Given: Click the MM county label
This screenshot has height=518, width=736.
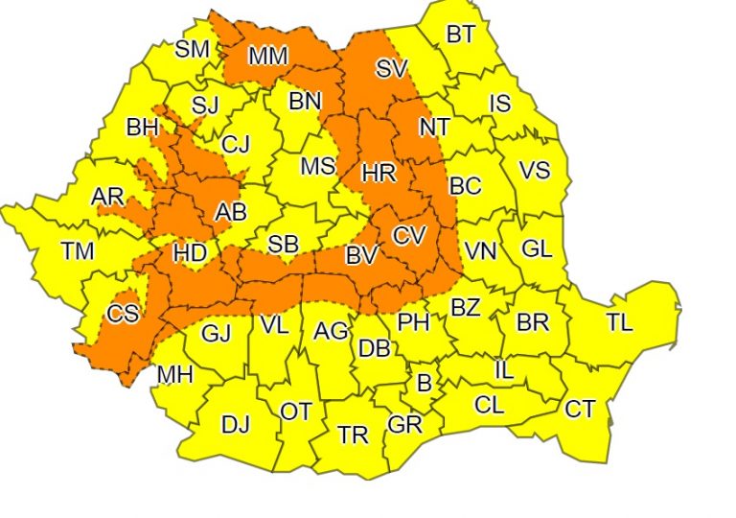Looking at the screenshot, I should (267, 57).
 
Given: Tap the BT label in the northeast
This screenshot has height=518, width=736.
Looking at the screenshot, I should (460, 35).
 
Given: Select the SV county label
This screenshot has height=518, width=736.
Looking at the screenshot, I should (390, 69).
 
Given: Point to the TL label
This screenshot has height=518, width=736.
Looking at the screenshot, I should (619, 322).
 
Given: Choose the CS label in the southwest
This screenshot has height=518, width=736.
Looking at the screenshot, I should (123, 315).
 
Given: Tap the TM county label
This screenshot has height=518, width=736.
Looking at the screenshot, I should (78, 251).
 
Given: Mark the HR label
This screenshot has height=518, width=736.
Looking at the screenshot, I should (379, 174).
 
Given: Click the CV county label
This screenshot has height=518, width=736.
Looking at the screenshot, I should (410, 233).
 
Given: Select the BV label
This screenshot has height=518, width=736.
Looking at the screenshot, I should (360, 256).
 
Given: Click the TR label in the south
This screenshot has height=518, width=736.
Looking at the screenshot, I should (353, 436).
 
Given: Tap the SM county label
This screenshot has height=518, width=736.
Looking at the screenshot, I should (192, 50).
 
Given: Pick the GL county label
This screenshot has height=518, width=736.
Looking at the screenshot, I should (537, 248).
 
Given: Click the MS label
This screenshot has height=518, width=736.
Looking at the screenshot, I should (318, 166).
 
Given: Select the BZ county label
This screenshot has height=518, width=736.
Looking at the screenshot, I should (466, 309).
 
